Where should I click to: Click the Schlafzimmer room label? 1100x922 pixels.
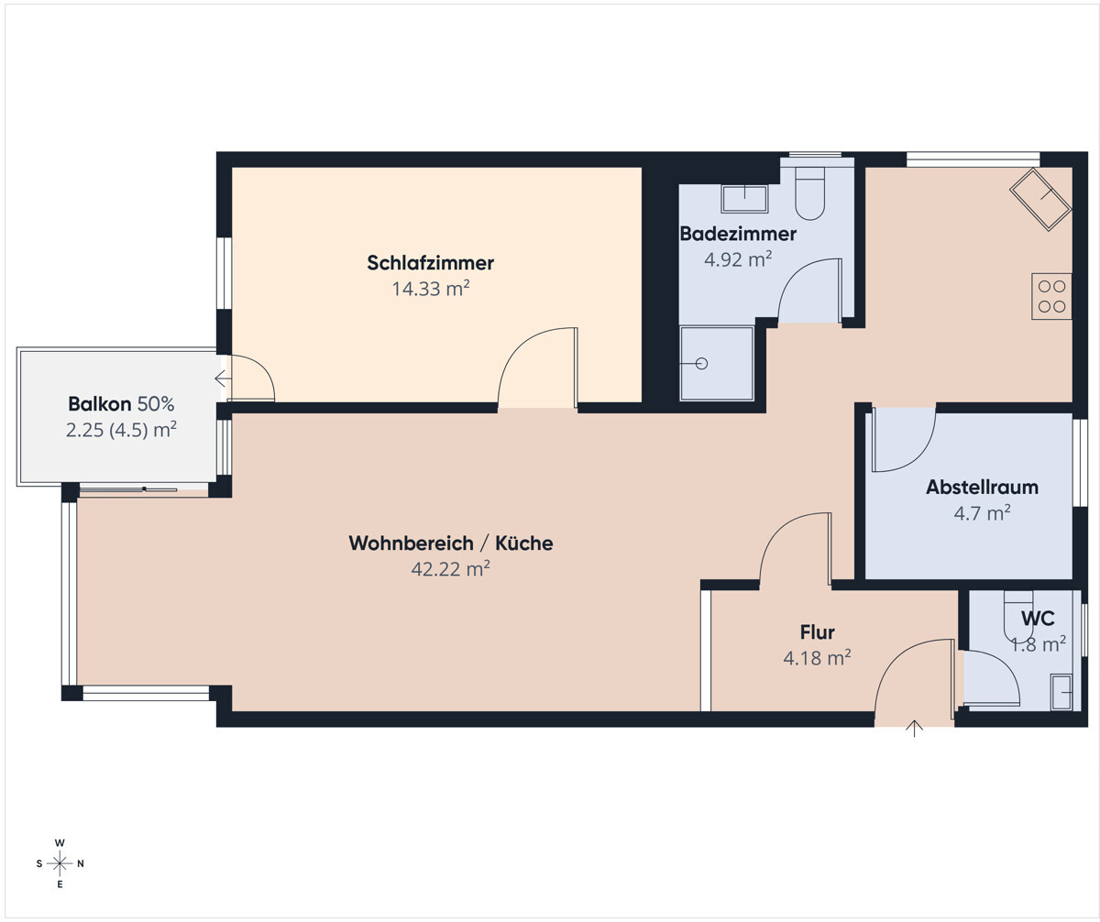[x=430, y=263]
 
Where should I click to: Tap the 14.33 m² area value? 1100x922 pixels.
[x=431, y=289]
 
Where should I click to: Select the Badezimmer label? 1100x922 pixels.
[x=738, y=234]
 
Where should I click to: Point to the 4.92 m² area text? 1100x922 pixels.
[x=738, y=259]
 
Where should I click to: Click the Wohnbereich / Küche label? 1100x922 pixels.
[x=451, y=543]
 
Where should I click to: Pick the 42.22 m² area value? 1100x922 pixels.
[x=451, y=569]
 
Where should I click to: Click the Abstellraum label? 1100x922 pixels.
[x=982, y=488]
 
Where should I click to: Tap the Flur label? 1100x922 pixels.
[x=817, y=632]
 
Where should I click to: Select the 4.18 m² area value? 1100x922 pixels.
[x=817, y=658]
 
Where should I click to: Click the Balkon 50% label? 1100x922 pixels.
[x=121, y=404]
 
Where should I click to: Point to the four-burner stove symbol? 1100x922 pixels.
[x=1051, y=296]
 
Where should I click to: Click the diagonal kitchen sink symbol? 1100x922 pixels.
[x=1040, y=199]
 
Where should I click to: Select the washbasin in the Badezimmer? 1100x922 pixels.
[x=744, y=199]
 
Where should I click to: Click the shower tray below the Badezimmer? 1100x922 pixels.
[x=717, y=364]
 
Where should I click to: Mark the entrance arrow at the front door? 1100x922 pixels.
[x=914, y=729]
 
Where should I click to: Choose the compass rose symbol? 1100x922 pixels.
[x=60, y=863]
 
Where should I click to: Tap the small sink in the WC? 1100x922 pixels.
[x=1061, y=692]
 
